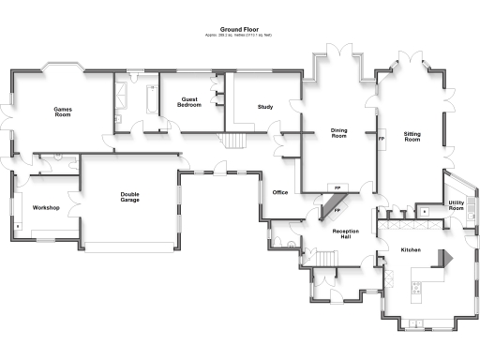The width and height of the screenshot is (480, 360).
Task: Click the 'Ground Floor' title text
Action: [238, 29]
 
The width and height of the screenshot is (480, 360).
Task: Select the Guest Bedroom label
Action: [188, 102]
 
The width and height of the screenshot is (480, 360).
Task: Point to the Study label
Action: [265, 107]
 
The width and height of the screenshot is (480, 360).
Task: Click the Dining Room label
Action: [339, 134]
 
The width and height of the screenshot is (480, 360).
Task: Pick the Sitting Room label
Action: [412, 137]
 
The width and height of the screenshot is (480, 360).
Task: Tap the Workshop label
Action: [47, 207]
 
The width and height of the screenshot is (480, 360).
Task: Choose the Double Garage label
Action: [130, 198]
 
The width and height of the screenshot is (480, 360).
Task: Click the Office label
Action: [279, 192]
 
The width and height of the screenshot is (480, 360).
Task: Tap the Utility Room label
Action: [457, 205]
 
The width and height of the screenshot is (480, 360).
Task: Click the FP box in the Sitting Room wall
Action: [381, 140]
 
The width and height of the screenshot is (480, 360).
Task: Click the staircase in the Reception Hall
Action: [324, 259]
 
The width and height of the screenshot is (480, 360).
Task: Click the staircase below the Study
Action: [234, 141]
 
